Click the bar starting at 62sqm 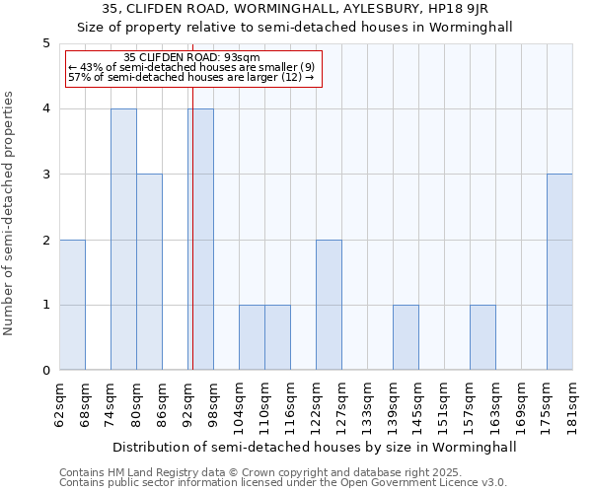(x=72, y=305)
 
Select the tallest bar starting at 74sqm (x=123, y=240)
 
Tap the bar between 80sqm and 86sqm (x=149, y=272)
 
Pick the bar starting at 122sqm (x=329, y=305)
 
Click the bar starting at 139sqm (x=406, y=337)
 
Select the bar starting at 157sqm (x=482, y=337)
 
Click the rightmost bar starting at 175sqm (x=559, y=272)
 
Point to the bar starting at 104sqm (x=252, y=337)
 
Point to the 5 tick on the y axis (x=45, y=43)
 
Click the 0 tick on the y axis (x=45, y=371)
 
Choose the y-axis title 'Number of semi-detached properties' (x=10, y=213)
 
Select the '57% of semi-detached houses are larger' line (x=190, y=77)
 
